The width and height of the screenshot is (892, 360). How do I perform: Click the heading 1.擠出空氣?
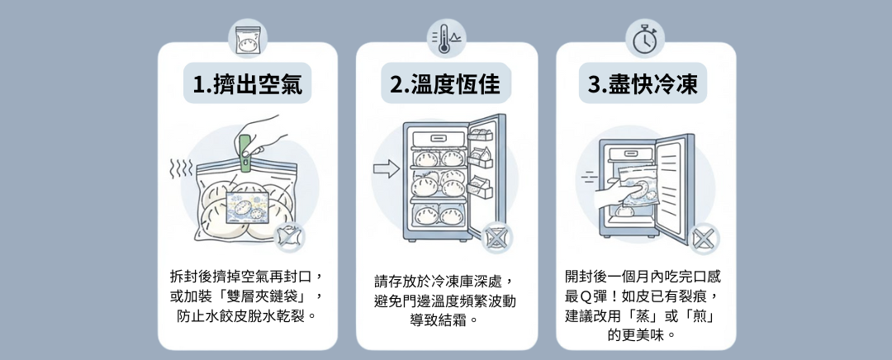(x=248, y=84)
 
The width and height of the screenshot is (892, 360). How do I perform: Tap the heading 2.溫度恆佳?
(x=447, y=84)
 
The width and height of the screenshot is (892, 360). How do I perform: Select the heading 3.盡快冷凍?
(x=647, y=84)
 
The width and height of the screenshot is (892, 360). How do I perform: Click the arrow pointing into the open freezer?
(x=386, y=170)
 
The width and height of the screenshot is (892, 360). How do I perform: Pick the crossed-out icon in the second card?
(x=496, y=237)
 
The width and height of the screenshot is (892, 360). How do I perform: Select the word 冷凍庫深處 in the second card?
(x=469, y=281)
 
